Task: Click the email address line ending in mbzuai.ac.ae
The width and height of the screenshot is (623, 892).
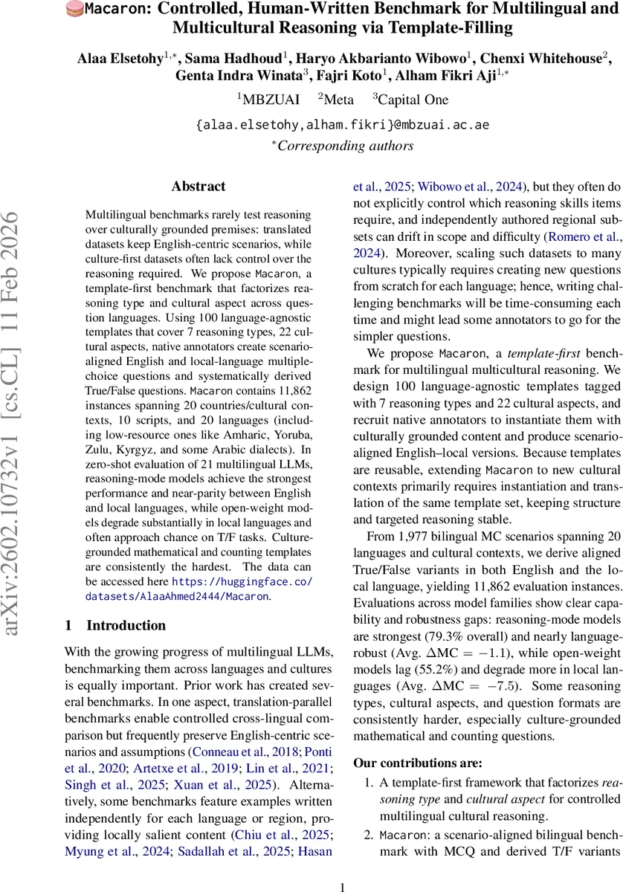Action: coord(342,125)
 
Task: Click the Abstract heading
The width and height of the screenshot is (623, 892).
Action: coord(198,187)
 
